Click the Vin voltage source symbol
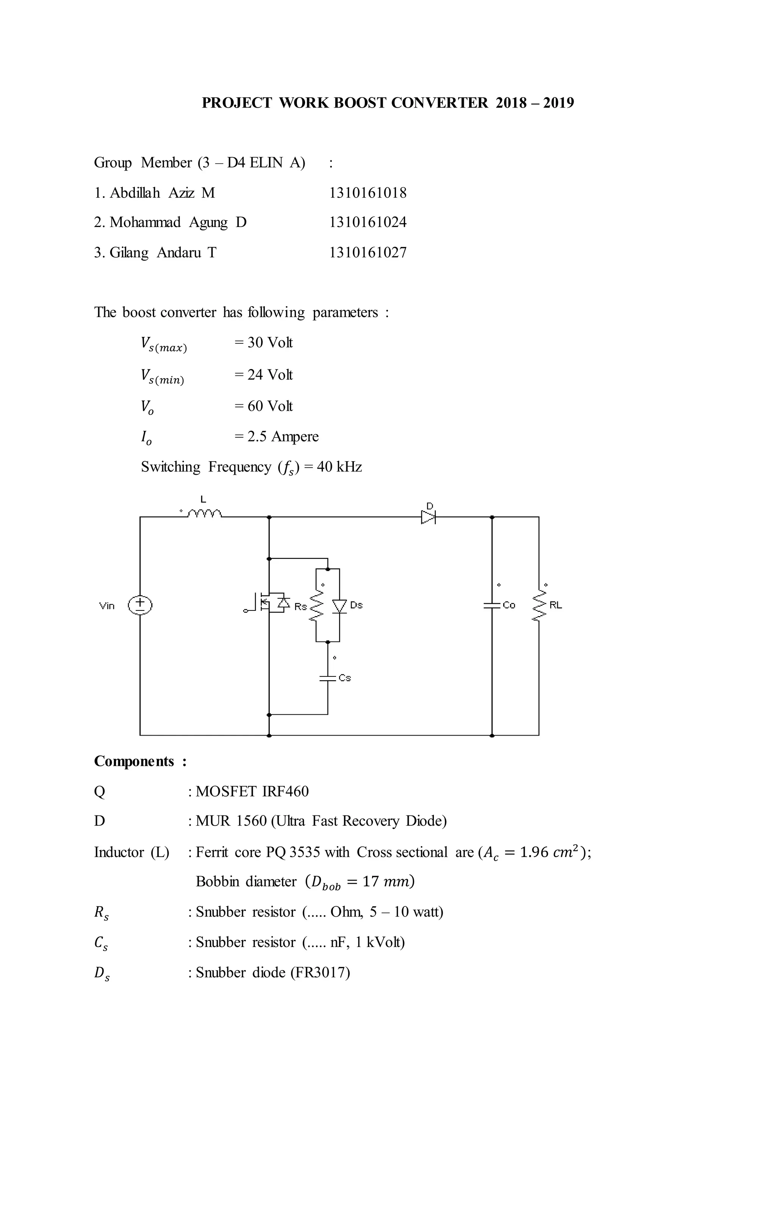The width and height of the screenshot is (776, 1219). (x=140, y=604)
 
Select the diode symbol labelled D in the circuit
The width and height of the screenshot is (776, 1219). (x=428, y=517)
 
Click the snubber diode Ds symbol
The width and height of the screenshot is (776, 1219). (x=339, y=606)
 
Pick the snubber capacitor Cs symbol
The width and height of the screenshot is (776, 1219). (x=328, y=678)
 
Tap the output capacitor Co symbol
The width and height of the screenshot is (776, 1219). (x=491, y=605)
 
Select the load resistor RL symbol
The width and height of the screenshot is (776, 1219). (x=539, y=605)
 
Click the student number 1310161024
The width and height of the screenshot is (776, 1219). (x=368, y=222)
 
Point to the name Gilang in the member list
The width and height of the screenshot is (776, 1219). (x=129, y=253)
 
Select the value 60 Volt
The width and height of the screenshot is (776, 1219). (x=270, y=406)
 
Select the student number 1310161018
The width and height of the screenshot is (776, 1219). (x=368, y=193)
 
